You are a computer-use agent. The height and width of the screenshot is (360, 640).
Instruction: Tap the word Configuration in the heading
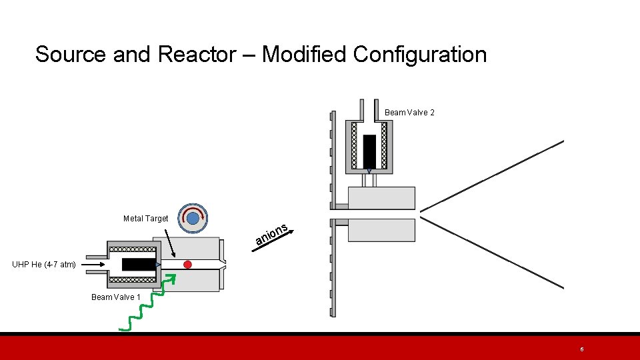[x=420, y=54]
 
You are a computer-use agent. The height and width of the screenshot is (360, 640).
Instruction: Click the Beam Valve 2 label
[x=409, y=113]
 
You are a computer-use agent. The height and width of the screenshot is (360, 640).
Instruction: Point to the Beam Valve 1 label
[x=116, y=297]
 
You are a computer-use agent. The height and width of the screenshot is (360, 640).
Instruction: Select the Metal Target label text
[x=145, y=219]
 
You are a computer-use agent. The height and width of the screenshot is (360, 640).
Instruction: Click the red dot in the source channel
[x=187, y=265]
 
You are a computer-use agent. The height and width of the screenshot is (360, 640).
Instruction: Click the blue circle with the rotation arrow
[x=193, y=218]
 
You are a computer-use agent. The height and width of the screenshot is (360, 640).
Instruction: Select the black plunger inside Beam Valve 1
[x=139, y=265]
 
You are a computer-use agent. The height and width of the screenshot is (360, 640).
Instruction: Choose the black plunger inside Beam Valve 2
[x=369, y=151]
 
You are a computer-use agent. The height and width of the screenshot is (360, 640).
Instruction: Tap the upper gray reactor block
[x=381, y=198]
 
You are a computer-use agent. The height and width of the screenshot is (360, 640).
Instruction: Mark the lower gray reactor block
[x=381, y=230]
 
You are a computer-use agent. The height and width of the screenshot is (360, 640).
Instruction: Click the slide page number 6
[x=582, y=349]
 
